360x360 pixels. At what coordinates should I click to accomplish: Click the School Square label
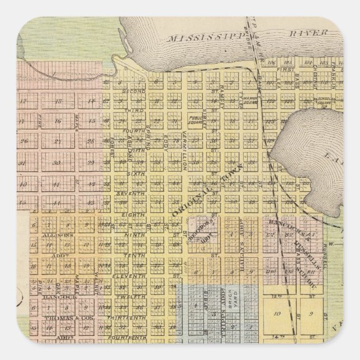(x=322, y=102)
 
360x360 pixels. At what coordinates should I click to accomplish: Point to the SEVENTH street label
(x=130, y=193)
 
